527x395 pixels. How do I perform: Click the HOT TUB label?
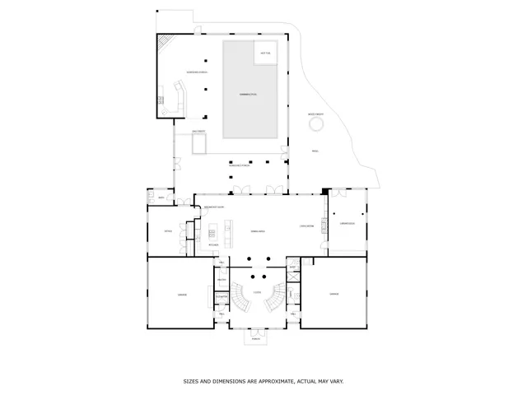click(x=265, y=53)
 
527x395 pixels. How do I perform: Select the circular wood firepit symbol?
click(x=315, y=124)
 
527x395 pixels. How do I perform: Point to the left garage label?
click(x=182, y=294)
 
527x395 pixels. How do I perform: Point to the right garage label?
click(x=333, y=294)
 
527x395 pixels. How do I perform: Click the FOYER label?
click(x=258, y=292)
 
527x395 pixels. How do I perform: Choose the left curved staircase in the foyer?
click(x=240, y=297)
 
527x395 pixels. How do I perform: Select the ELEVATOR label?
click(x=222, y=297)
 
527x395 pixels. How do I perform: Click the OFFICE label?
click(x=167, y=231)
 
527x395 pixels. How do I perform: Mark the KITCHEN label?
click(x=212, y=245)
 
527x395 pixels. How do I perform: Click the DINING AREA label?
click(x=257, y=232)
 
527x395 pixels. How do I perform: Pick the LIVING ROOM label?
click(x=305, y=225)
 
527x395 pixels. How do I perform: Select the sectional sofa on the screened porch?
click(x=174, y=100)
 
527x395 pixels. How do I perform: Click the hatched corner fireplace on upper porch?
click(x=166, y=42)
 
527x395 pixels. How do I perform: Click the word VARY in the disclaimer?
click(x=336, y=381)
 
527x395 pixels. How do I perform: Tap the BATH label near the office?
click(x=161, y=199)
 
